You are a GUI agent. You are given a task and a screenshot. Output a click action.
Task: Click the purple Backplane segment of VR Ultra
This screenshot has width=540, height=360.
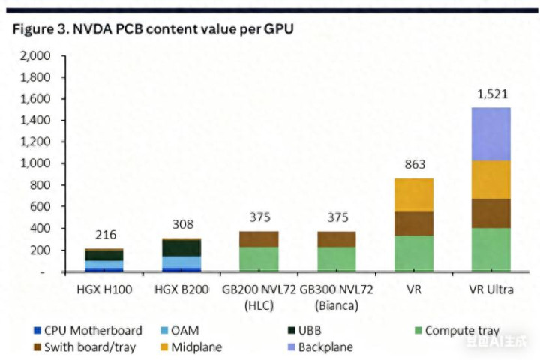click(x=492, y=133)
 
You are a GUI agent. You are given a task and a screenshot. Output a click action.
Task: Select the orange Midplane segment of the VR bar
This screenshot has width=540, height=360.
click(x=414, y=195)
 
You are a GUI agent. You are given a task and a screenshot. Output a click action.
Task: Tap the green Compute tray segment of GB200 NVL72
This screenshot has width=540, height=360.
click(x=259, y=259)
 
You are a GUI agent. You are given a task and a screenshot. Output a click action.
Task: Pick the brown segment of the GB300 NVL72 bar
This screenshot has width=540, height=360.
click(x=337, y=239)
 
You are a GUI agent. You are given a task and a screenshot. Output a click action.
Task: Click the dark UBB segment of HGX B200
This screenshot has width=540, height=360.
click(x=181, y=247)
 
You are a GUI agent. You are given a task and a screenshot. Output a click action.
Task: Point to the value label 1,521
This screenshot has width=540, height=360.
click(x=492, y=94)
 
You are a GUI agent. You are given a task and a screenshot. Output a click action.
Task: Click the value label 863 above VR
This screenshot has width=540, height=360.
click(x=414, y=166)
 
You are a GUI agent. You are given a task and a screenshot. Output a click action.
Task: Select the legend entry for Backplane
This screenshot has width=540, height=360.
click(x=321, y=347)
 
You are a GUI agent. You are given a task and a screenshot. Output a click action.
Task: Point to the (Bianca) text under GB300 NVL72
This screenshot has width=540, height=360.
click(x=337, y=305)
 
